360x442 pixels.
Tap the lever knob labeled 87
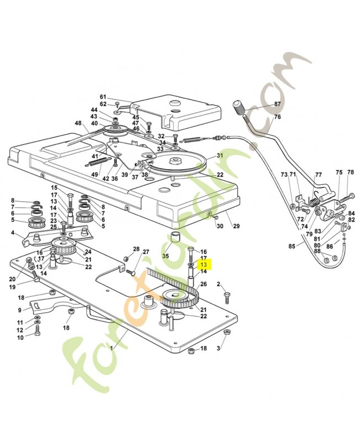tap(241, 107)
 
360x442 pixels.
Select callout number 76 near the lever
tap(277, 117)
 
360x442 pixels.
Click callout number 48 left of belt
tap(78, 123)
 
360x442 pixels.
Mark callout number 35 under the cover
tap(165, 256)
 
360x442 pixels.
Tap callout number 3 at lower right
tap(218, 349)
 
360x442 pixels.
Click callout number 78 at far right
tap(350, 172)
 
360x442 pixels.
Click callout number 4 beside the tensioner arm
tap(13, 233)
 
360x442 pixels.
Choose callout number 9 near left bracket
tap(20, 310)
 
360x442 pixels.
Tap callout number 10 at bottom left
tap(20, 337)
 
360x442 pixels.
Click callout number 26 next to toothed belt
tap(203, 284)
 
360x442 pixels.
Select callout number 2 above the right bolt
tap(218, 284)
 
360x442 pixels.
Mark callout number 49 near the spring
tap(95, 175)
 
